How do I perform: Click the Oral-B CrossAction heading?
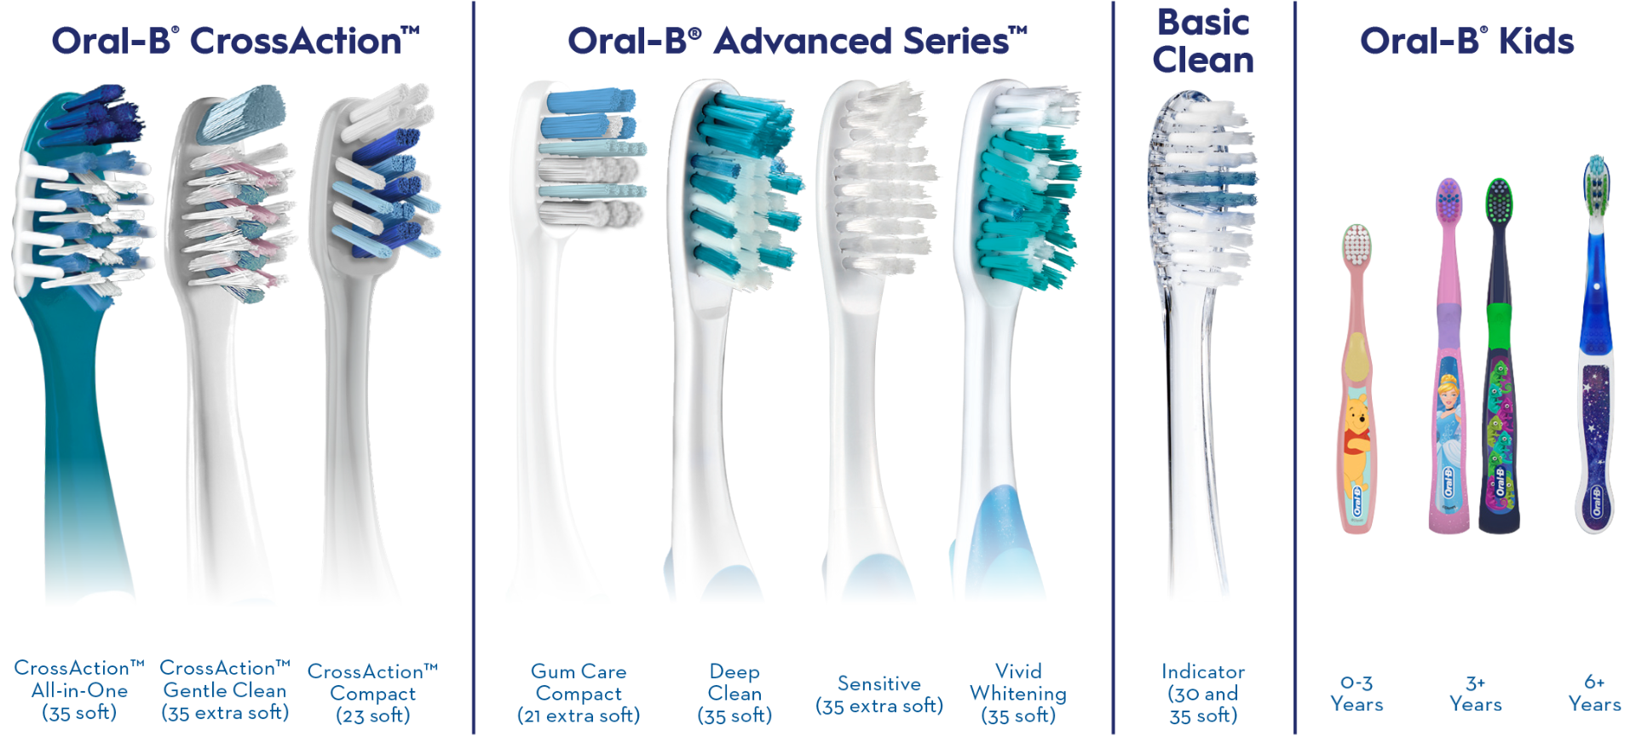[236, 41]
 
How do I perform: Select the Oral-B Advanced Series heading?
[798, 41]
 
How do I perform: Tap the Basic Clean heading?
[1203, 41]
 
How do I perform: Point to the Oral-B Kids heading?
[1466, 41]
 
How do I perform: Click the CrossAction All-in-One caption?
[79, 690]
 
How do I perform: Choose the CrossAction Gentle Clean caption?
[225, 690]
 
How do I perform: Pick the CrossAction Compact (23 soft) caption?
[372, 694]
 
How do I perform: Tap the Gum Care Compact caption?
[579, 694]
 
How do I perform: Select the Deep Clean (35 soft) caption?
[734, 694]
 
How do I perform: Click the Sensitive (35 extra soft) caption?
[879, 694]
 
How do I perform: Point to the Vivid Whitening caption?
[1018, 694]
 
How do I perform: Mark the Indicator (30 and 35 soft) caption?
[1203, 694]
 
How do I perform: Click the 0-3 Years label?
[1357, 694]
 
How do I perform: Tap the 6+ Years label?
[1594, 694]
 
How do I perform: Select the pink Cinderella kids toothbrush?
[1449, 356]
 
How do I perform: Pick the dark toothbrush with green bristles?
[1499, 356]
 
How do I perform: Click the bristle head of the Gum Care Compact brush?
[589, 158]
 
